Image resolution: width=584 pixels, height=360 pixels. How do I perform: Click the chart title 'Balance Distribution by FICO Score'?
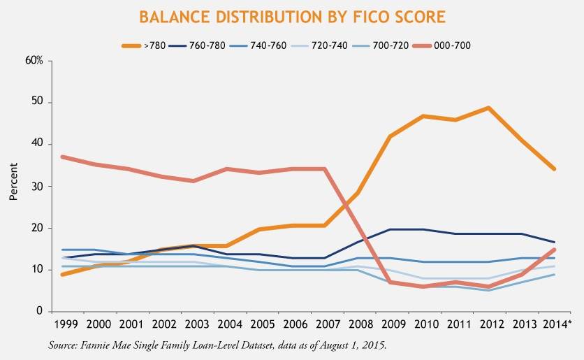(291, 17)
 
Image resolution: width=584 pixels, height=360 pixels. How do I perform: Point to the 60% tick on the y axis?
(34, 61)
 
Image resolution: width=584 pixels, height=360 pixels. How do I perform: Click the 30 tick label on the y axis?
(37, 187)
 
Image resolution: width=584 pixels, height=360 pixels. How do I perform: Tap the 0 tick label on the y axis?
(40, 312)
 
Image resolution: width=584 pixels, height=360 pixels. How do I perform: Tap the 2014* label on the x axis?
(556, 325)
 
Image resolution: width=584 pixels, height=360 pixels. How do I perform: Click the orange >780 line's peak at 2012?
(488, 108)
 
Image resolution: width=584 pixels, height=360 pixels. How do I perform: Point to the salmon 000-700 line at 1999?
(63, 157)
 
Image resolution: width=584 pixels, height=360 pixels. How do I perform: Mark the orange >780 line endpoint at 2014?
(554, 169)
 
